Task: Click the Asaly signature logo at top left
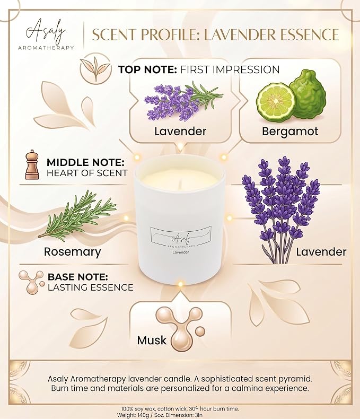(x=46, y=32)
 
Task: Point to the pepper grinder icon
(x=32, y=164)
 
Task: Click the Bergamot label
(x=290, y=132)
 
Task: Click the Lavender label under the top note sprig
(x=181, y=131)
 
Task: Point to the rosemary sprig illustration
(x=77, y=214)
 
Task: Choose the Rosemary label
(x=73, y=252)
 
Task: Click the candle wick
(x=181, y=184)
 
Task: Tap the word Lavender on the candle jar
(x=181, y=252)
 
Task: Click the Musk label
(x=152, y=340)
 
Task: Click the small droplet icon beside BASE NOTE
(x=31, y=282)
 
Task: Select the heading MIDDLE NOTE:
(x=86, y=162)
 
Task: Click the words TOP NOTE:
(x=148, y=69)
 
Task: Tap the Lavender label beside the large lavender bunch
(x=321, y=252)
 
